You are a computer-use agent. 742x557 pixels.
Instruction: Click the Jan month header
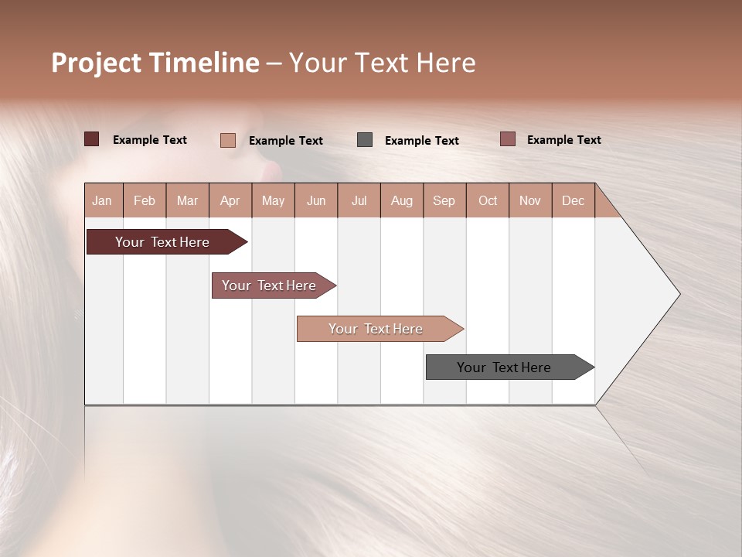pos(103,200)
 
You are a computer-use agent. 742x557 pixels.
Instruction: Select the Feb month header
pos(145,200)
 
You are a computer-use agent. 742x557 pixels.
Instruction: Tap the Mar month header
pos(187,200)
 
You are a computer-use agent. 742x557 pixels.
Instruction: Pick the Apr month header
pos(230,200)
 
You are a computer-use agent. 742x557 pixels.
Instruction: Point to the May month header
pos(273,200)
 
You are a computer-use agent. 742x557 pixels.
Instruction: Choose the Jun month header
pos(316,200)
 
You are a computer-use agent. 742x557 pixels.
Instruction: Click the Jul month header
pos(359,200)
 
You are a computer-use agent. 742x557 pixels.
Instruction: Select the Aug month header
pos(402,200)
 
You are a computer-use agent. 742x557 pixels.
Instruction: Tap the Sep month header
pos(444,200)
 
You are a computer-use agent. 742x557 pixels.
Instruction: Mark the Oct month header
pos(488,200)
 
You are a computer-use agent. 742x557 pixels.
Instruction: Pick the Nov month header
pos(530,200)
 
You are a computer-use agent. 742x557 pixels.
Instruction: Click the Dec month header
pos(573,200)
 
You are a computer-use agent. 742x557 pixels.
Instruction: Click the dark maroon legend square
pos(91,139)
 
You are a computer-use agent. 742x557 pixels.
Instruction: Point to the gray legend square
pos(365,140)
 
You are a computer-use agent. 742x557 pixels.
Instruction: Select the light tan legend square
pos(228,140)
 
